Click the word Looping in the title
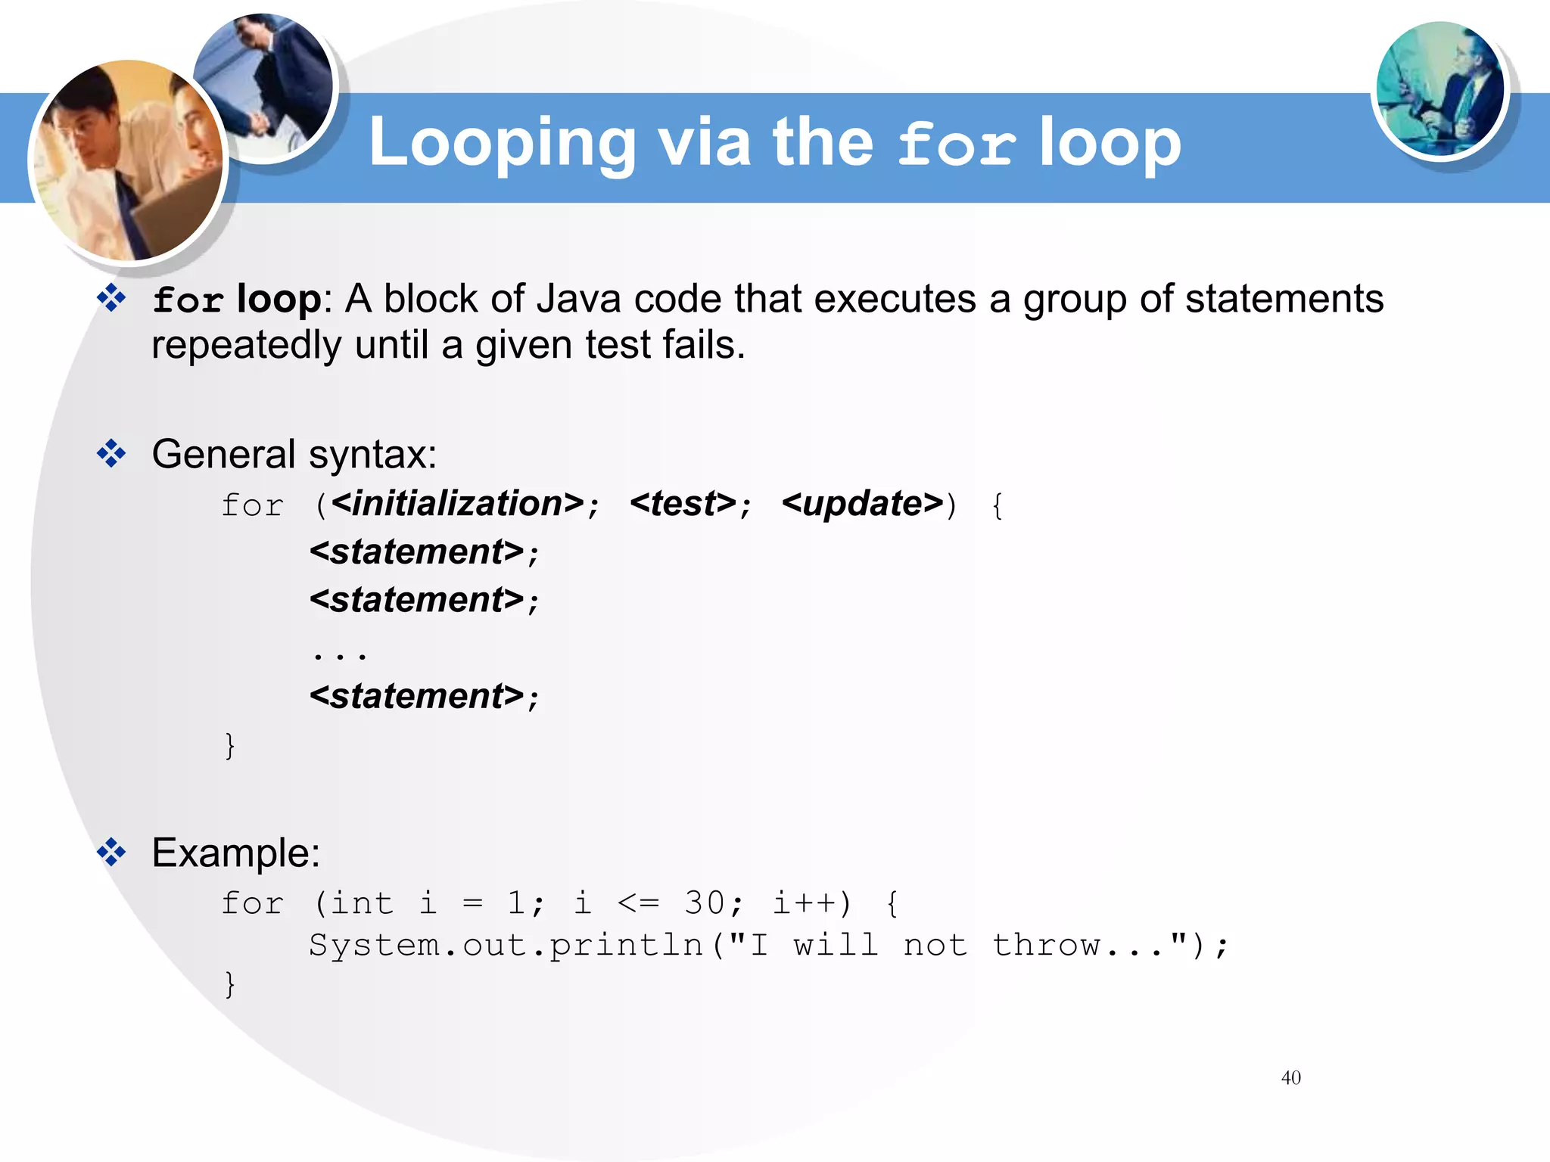(502, 143)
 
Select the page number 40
(1290, 1077)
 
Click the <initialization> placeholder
(458, 504)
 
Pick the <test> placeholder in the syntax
(683, 504)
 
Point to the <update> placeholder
(863, 504)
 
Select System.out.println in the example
(506, 946)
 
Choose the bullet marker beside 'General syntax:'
(111, 454)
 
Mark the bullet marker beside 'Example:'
(111, 853)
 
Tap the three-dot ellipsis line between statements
(340, 653)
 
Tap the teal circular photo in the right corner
(1440, 89)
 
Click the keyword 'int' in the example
(362, 903)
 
